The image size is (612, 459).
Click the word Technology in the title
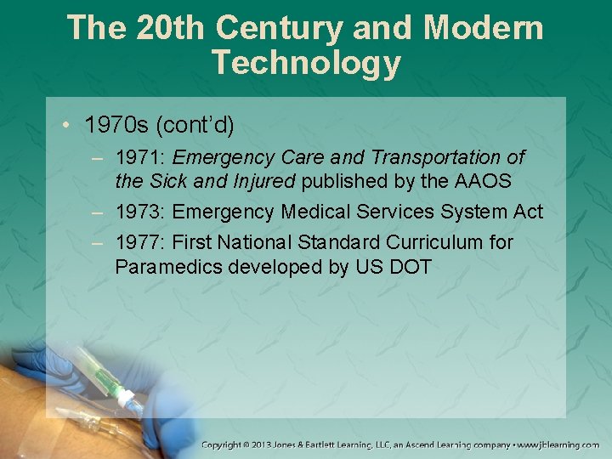[x=306, y=63]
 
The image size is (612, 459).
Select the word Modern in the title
[x=484, y=27]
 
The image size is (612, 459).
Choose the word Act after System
[x=527, y=212]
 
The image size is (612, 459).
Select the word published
[x=341, y=181]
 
